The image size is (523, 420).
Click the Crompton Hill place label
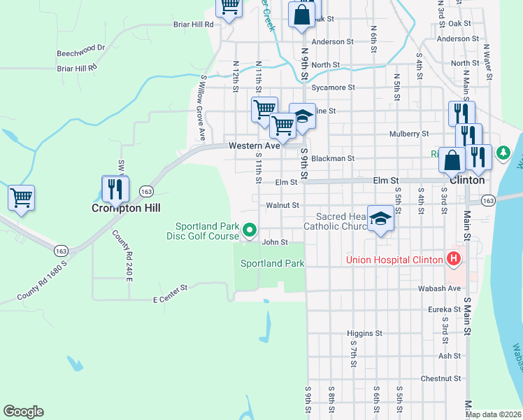[x=127, y=208]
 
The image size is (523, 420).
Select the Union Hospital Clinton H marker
[x=454, y=260]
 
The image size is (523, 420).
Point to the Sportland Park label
[x=272, y=263]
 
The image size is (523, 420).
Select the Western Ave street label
[x=256, y=146]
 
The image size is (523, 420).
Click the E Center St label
[x=171, y=299]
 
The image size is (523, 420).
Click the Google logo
[x=23, y=412]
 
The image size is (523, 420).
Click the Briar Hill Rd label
[x=193, y=24]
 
